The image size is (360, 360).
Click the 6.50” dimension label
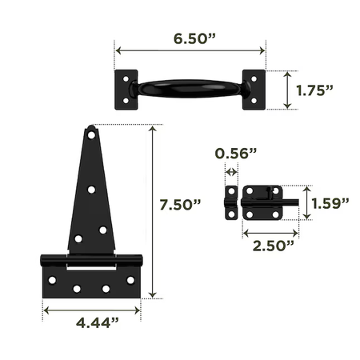point(194,39)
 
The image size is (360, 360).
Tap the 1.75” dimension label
point(314,90)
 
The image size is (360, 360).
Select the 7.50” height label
point(180,205)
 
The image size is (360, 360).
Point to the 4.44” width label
point(98,323)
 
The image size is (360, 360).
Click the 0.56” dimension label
point(236,154)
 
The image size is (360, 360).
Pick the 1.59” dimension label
point(330,204)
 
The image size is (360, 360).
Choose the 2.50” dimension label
point(274,246)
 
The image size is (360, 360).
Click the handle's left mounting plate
point(126,90)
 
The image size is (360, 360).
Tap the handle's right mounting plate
point(254,90)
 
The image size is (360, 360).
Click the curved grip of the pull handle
point(190,89)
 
